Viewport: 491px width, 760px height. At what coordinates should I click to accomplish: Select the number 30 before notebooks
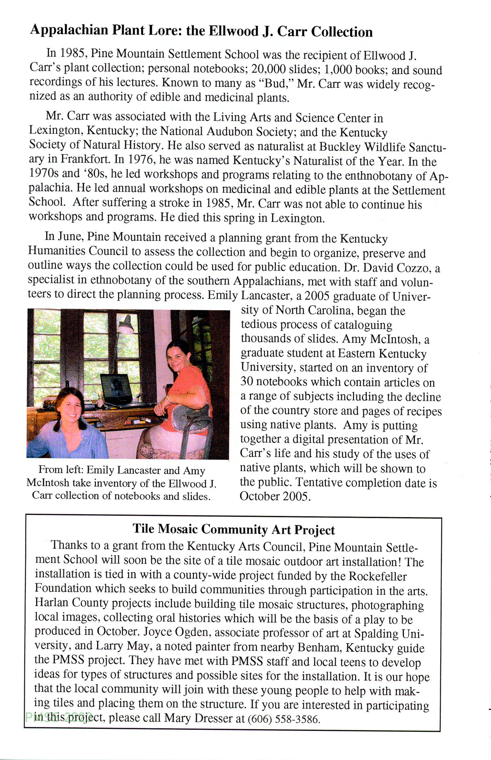pyautogui.click(x=247, y=381)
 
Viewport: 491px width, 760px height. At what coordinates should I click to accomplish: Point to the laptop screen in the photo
pyautogui.click(x=116, y=386)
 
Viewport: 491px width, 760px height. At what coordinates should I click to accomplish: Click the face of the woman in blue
pyautogui.click(x=70, y=407)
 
